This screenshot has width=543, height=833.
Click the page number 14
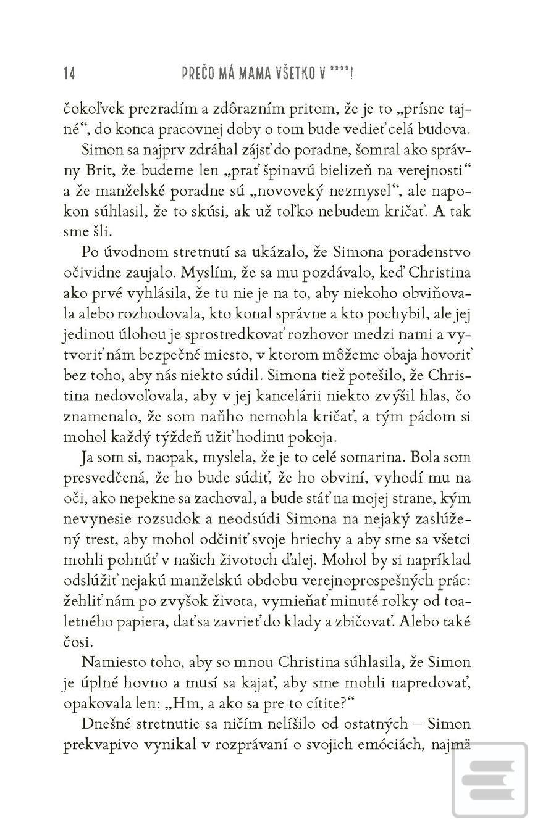(69, 73)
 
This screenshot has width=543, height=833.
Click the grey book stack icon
(492, 781)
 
